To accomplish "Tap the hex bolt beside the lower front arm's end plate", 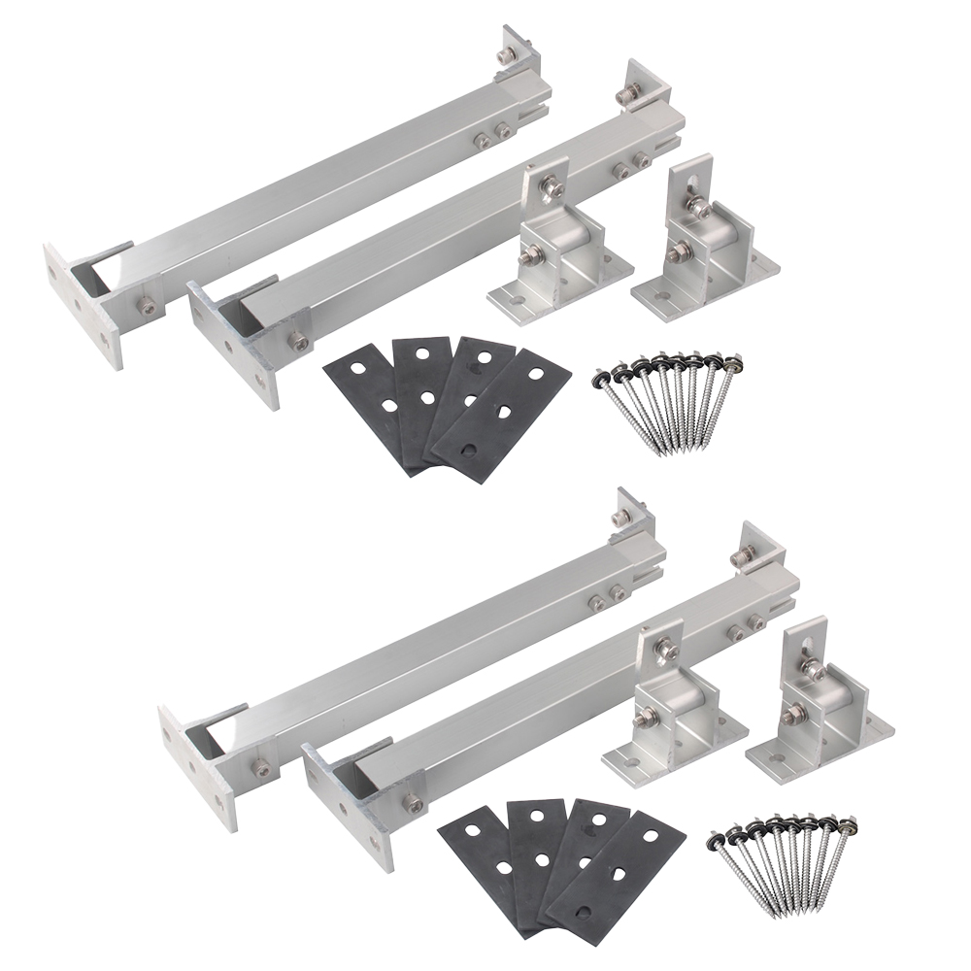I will point(414,803).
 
